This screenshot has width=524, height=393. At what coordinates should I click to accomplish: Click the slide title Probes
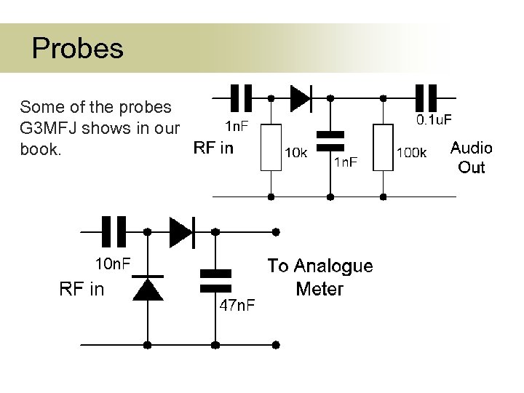[78, 49]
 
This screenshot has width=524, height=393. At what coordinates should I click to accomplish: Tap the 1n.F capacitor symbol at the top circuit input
[241, 97]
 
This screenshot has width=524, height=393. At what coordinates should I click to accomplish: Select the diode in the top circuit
[300, 97]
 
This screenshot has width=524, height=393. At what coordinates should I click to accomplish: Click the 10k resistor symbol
[271, 147]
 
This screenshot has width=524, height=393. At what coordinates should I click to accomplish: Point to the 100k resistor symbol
[383, 147]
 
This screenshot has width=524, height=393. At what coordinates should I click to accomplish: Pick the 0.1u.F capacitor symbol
[426, 97]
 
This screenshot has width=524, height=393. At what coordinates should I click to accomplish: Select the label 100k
[411, 153]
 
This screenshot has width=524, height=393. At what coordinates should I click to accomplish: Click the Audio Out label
[471, 157]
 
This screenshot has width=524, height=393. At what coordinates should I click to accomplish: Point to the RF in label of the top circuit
[213, 148]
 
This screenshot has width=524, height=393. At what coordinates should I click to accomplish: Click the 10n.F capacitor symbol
[114, 231]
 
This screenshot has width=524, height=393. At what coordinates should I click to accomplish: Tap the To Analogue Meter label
[319, 277]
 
